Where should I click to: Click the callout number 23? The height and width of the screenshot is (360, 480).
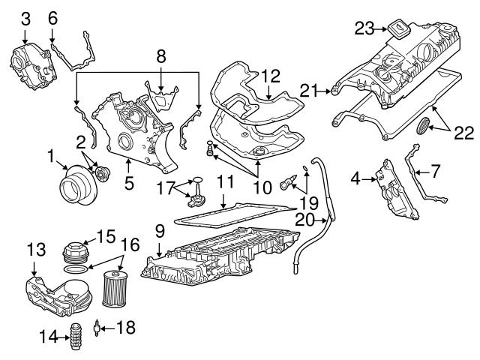tap(364, 29)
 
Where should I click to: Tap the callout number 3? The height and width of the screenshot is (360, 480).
tap(25, 17)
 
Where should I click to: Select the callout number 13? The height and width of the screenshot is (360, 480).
tap(35, 248)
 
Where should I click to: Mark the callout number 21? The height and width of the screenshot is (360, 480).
tap(305, 91)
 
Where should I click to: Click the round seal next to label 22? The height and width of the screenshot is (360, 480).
tap(424, 127)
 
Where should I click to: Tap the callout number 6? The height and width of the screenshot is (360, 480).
tap(52, 17)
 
